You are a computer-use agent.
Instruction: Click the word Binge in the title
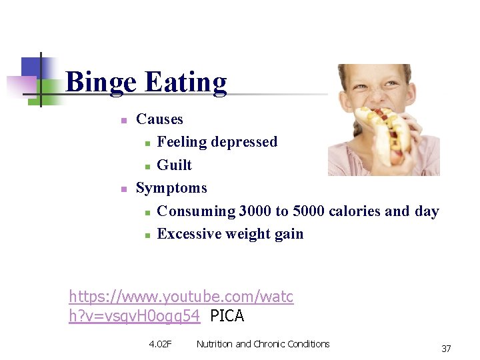(102, 83)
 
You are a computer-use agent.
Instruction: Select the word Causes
(159, 119)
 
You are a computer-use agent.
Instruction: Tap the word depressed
(244, 142)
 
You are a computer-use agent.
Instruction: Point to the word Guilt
(174, 165)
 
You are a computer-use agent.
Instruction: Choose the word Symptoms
(171, 188)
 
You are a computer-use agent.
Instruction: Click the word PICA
(227, 316)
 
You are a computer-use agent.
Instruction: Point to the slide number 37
(446, 349)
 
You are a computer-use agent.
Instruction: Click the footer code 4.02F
(160, 344)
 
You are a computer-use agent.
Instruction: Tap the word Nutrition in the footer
(215, 344)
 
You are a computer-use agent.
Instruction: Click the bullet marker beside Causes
(123, 121)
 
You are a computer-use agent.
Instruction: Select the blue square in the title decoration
(32, 67)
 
